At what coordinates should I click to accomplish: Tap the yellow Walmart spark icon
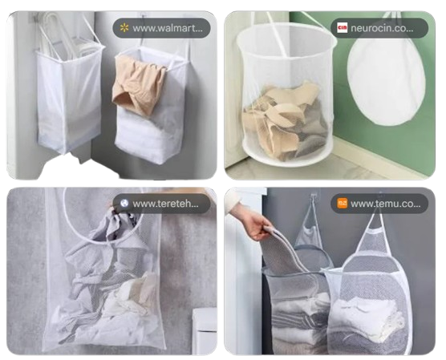click(x=124, y=29)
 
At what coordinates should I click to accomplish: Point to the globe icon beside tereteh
click(x=124, y=203)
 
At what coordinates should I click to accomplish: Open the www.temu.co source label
click(x=384, y=203)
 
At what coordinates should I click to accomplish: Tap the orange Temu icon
click(x=343, y=203)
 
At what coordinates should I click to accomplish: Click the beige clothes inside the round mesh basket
click(x=281, y=120)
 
